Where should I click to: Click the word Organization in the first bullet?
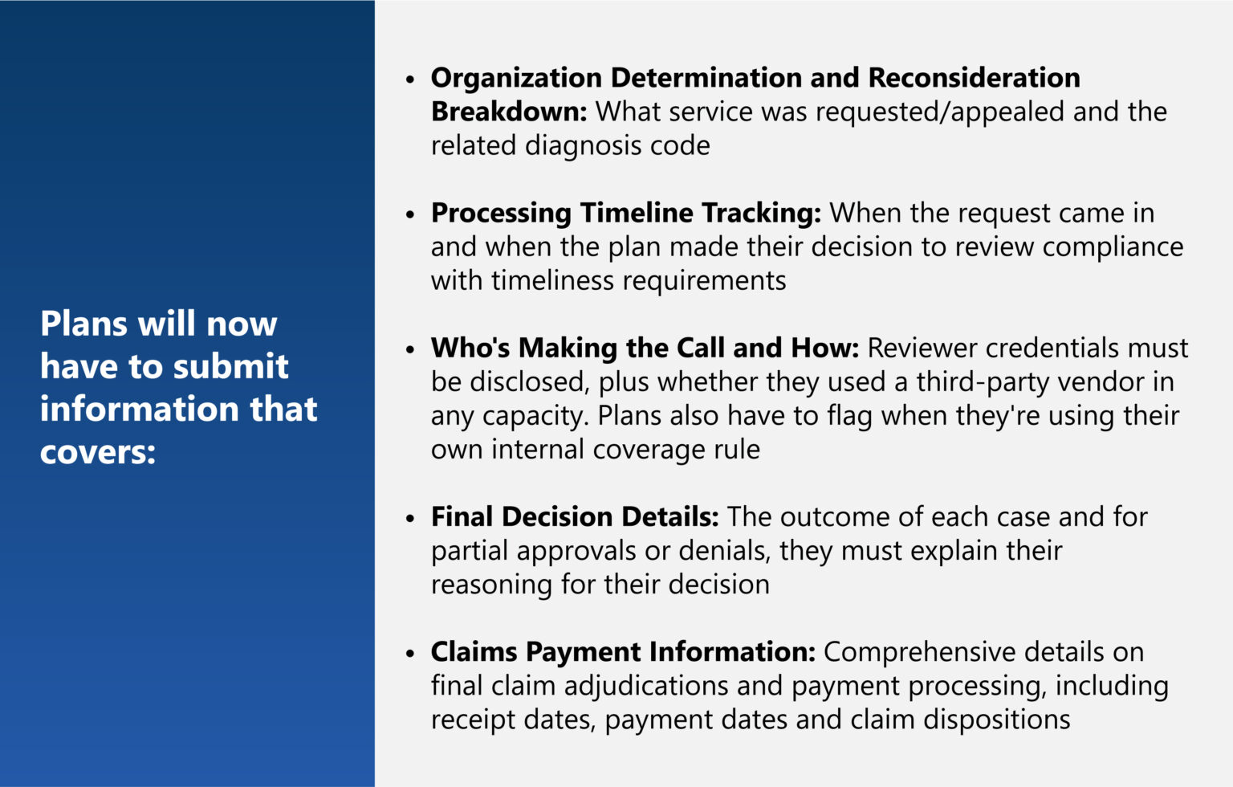pyautogui.click(x=516, y=78)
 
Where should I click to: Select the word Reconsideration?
pyautogui.click(x=974, y=78)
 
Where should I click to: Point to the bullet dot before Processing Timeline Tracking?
pyautogui.click(x=411, y=214)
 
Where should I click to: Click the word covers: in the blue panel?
pyautogui.click(x=98, y=451)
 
